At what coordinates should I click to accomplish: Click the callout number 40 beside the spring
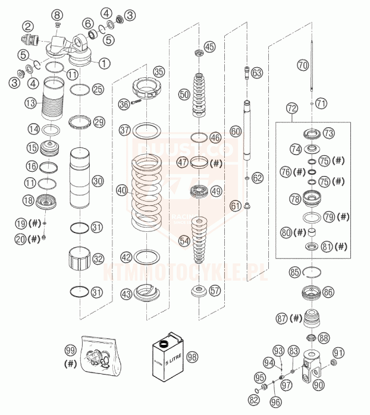coord(122,191)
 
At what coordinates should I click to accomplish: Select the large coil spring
coord(146,193)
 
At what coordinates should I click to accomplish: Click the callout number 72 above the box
coord(291,109)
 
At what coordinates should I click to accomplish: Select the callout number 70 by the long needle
coord(303,65)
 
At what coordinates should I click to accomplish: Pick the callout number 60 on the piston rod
coord(236,130)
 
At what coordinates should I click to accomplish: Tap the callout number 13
coord(30,103)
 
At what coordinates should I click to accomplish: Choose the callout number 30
coord(99,180)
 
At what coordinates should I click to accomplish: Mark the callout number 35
coord(158,71)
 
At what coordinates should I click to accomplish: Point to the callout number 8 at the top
coord(57,14)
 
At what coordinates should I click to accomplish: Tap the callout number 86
coord(328,292)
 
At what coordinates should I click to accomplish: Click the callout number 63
coord(256,73)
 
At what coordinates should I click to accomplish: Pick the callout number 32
coord(98,259)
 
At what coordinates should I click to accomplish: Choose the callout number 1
coord(105,62)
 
